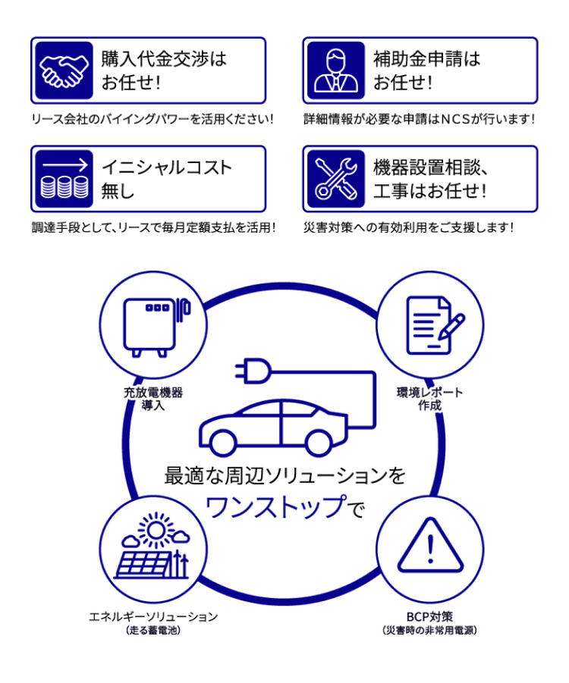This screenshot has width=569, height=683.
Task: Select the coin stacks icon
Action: (x=64, y=179)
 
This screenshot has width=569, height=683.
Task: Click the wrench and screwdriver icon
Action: (x=336, y=179)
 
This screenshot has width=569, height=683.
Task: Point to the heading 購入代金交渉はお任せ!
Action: (x=164, y=70)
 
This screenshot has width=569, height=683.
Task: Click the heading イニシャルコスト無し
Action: (x=166, y=179)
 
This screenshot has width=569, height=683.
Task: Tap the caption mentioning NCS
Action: (x=419, y=119)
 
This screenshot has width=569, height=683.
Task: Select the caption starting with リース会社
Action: (x=152, y=119)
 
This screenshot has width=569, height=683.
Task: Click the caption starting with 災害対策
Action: (x=409, y=227)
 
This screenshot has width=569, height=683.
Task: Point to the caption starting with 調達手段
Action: (x=153, y=227)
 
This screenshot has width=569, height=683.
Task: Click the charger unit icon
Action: (x=157, y=327)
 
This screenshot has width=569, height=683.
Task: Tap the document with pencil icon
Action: (x=435, y=325)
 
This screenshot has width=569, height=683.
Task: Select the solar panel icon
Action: (x=153, y=546)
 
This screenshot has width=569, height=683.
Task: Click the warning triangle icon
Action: (x=430, y=545)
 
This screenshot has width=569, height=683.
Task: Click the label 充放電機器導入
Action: (x=153, y=399)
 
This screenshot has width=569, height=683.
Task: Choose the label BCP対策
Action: (x=429, y=616)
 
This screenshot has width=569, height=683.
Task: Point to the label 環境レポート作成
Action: (x=429, y=399)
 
